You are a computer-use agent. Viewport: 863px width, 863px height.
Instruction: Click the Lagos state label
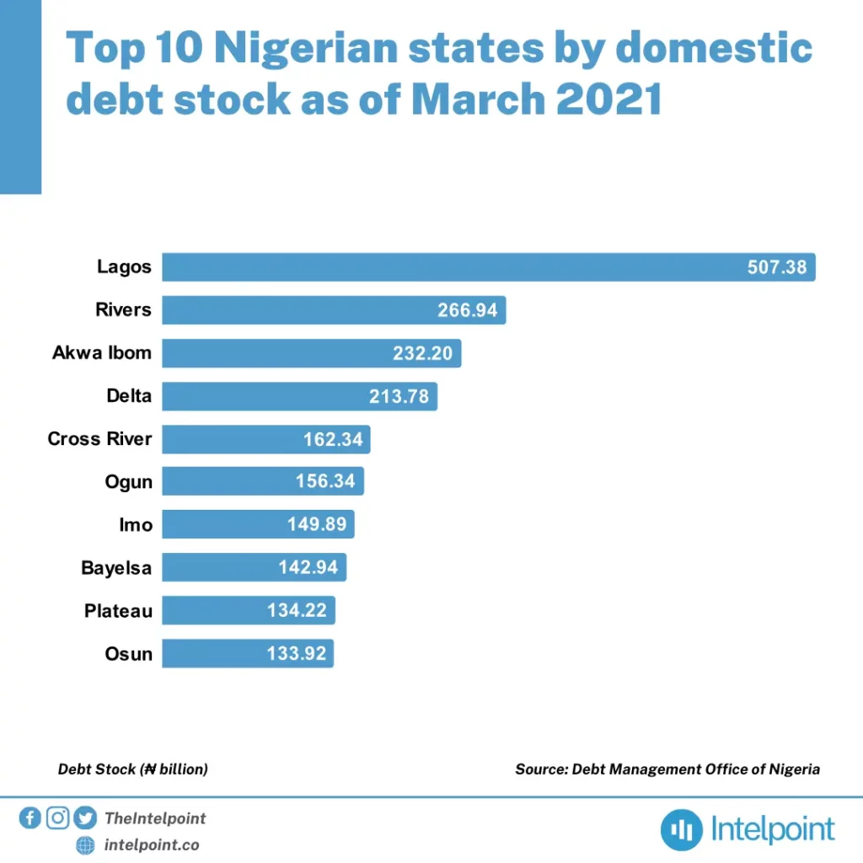(123, 267)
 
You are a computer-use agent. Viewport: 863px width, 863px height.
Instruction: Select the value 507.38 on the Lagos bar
(777, 268)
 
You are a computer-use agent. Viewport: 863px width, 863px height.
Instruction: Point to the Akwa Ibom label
(102, 353)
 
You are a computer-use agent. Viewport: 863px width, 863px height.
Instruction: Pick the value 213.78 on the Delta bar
(399, 396)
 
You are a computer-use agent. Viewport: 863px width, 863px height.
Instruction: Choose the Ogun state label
(129, 482)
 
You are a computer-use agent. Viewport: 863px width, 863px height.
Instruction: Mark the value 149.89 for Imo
(317, 525)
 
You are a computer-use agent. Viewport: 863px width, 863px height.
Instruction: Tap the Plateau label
(119, 611)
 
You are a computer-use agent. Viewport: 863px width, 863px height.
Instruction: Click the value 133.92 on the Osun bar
(297, 654)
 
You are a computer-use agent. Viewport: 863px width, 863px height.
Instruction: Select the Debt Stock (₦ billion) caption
(133, 769)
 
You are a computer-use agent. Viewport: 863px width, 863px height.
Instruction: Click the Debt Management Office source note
(667, 769)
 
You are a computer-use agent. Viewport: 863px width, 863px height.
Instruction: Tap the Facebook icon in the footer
(29, 817)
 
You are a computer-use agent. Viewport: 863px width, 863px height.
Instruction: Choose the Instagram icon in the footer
(57, 817)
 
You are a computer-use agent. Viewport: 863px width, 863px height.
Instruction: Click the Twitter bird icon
(84, 817)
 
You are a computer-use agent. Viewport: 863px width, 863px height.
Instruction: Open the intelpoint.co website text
(152, 844)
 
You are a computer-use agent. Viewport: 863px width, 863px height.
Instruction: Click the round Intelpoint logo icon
(681, 830)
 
